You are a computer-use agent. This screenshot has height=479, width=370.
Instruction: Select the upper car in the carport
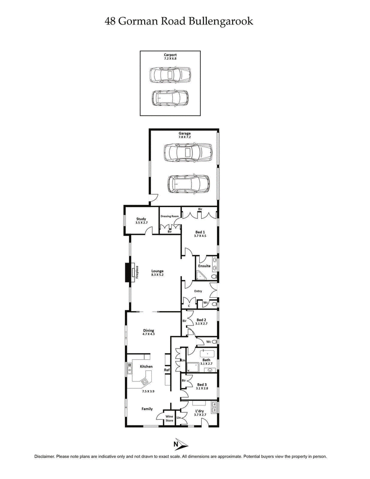tap(170, 75)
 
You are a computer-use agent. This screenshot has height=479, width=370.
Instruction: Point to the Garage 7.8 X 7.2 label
tap(185, 135)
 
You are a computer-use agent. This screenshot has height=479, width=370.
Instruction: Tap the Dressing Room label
tap(170, 216)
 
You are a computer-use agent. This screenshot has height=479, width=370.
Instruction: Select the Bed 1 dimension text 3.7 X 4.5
tap(200, 235)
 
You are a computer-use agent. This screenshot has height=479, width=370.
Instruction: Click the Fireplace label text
tap(137, 271)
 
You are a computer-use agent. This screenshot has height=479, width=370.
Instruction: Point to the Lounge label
tap(157, 271)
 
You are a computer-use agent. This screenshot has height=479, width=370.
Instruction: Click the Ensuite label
tap(204, 266)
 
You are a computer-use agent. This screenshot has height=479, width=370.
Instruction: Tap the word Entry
tap(198, 291)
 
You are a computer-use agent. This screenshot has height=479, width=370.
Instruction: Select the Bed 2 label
tap(201, 319)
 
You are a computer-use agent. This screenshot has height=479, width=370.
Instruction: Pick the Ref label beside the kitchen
tap(167, 370)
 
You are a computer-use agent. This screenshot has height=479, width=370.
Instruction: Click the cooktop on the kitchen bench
tap(145, 382)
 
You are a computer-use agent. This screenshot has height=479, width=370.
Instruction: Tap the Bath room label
tap(206, 360)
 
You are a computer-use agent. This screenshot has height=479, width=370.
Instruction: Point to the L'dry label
tap(200, 411)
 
